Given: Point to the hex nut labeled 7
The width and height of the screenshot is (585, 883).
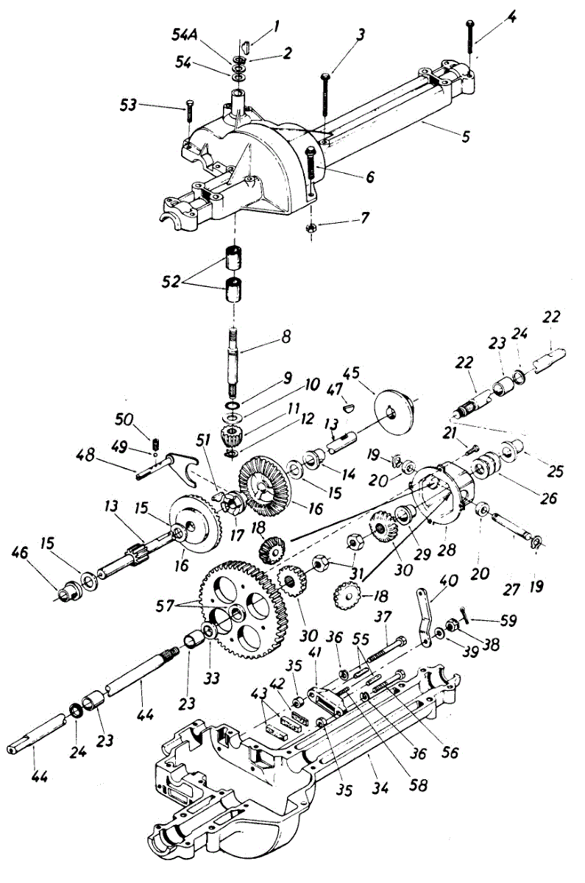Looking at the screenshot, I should pyautogui.click(x=312, y=228).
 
